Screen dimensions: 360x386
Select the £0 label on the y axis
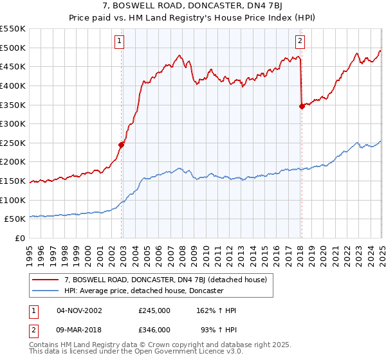[21, 238]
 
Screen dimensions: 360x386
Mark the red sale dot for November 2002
[122, 145]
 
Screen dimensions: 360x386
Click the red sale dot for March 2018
[302, 107]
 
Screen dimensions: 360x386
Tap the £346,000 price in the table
[154, 330]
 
